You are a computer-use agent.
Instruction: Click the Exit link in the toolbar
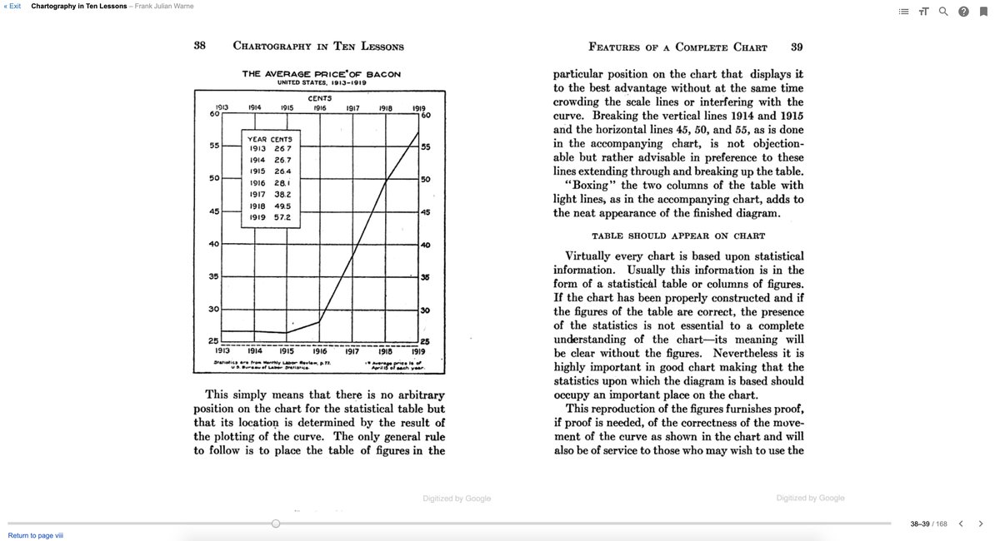tap(12, 6)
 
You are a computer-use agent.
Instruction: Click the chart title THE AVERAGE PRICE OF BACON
tap(322, 74)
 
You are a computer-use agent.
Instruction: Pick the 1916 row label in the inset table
tap(257, 182)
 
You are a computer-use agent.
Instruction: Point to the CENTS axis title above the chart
tap(320, 98)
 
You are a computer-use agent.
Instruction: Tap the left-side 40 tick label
tap(214, 244)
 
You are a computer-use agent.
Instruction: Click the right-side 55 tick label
tap(425, 147)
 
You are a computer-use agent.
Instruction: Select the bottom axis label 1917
tap(352, 351)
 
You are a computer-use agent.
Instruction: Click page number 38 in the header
tap(200, 46)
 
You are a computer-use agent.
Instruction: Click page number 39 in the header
tap(797, 47)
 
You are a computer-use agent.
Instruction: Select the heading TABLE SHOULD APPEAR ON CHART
tap(678, 236)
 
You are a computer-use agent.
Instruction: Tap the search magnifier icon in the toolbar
tap(943, 12)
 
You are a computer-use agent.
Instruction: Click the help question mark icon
tap(963, 12)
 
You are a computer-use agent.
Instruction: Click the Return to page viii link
tap(35, 535)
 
